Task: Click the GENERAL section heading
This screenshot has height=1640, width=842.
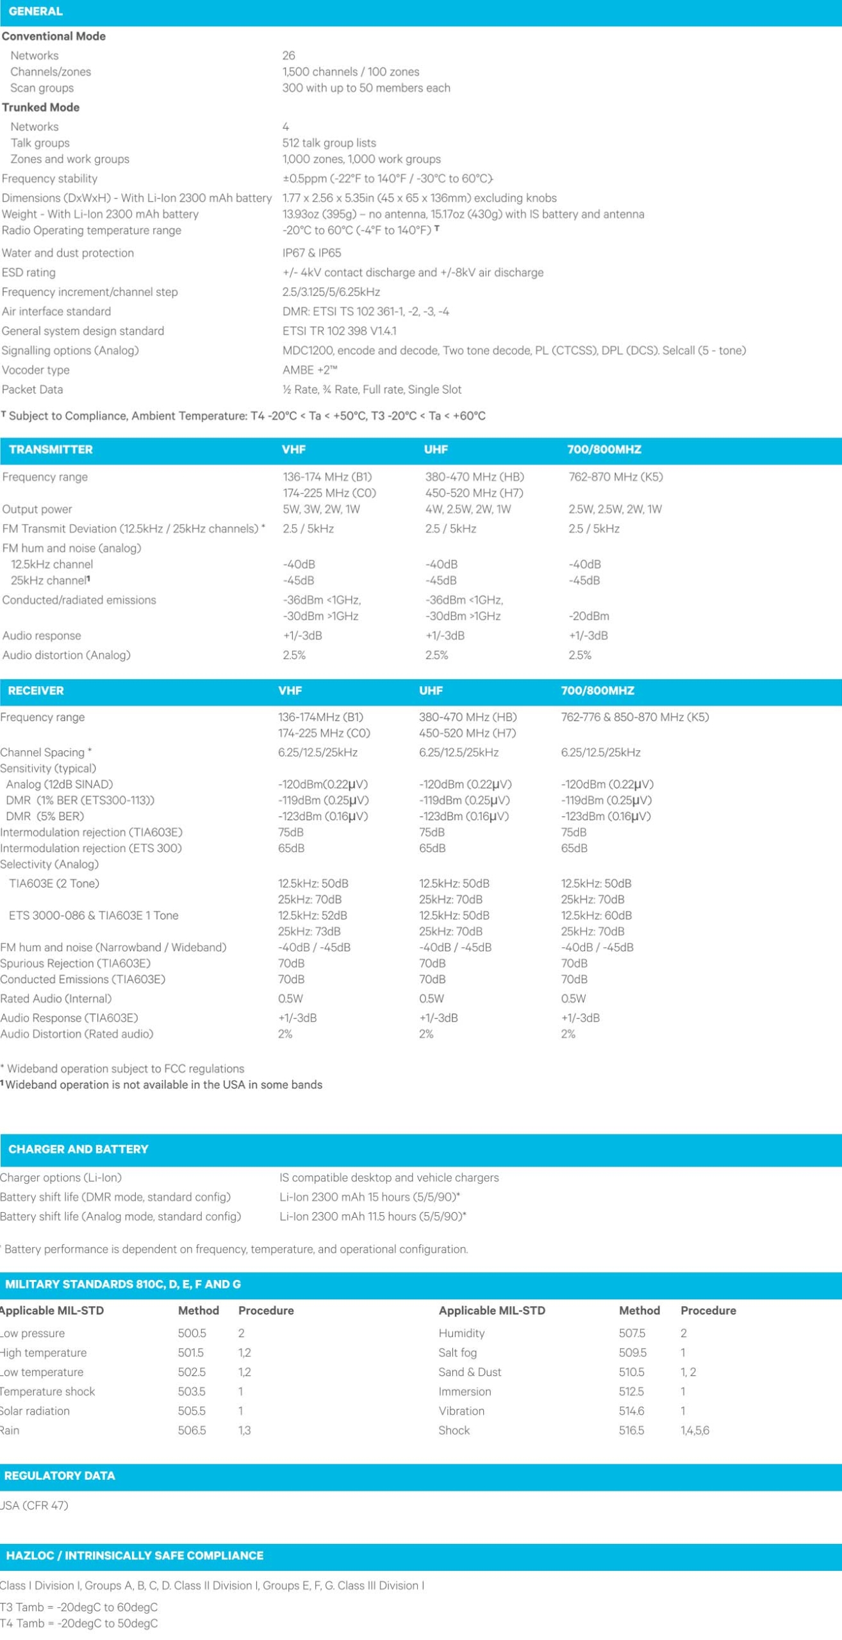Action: click(35, 12)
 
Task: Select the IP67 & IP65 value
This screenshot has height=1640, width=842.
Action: click(311, 253)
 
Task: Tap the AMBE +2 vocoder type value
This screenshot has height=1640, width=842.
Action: click(310, 370)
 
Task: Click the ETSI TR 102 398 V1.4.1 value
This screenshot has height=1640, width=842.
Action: click(339, 331)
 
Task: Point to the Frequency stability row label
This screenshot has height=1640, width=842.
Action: click(49, 179)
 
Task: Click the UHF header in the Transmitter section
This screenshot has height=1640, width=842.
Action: click(436, 450)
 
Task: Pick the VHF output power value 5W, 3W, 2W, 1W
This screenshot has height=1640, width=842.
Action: click(321, 509)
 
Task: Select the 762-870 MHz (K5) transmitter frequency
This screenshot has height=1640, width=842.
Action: click(615, 477)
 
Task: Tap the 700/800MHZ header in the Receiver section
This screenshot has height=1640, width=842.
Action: click(597, 691)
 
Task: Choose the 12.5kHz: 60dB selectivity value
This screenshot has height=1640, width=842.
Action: click(596, 915)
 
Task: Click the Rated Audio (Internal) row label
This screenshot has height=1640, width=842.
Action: click(56, 999)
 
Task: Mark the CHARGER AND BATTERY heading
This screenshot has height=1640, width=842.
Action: click(78, 1149)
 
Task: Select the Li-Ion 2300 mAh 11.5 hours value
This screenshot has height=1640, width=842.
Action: click(372, 1217)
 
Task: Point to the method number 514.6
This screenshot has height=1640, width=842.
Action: click(631, 1411)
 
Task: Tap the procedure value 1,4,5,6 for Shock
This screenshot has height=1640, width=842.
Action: click(695, 1430)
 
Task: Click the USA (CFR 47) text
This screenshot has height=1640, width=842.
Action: click(34, 1505)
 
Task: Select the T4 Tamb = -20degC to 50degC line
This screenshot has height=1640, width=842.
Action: click(79, 1623)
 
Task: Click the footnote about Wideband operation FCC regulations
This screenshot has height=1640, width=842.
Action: click(123, 1069)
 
